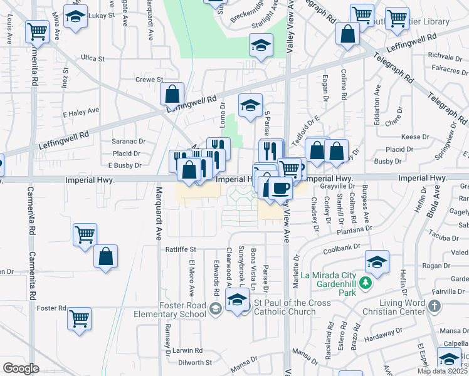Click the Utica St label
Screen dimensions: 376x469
[93, 58]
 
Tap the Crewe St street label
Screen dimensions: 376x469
[149, 80]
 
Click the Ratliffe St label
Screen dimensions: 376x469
[181, 249]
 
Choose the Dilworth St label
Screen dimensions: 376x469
[194, 362]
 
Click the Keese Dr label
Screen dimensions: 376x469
[414, 137]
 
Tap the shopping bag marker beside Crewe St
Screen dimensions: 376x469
[172, 94]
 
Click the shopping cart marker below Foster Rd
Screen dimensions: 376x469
[80, 318]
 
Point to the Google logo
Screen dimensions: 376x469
[21, 368]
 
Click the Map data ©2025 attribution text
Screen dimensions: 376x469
[443, 371]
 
